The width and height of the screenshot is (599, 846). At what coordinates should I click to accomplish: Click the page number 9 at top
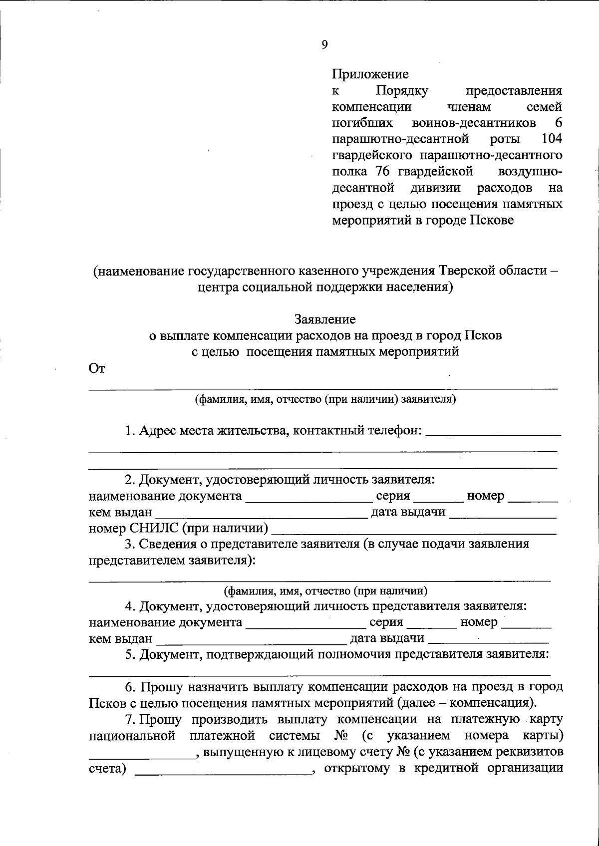(x=324, y=45)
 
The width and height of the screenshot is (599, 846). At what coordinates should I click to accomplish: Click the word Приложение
(x=370, y=74)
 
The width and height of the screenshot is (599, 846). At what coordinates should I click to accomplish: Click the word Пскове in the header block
(x=492, y=220)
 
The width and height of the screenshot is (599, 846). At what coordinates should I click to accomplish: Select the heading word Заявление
(x=325, y=319)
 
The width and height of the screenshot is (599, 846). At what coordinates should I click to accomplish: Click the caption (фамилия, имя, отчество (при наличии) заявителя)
(x=325, y=399)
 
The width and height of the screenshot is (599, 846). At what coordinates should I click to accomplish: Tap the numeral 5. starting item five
(x=130, y=654)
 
